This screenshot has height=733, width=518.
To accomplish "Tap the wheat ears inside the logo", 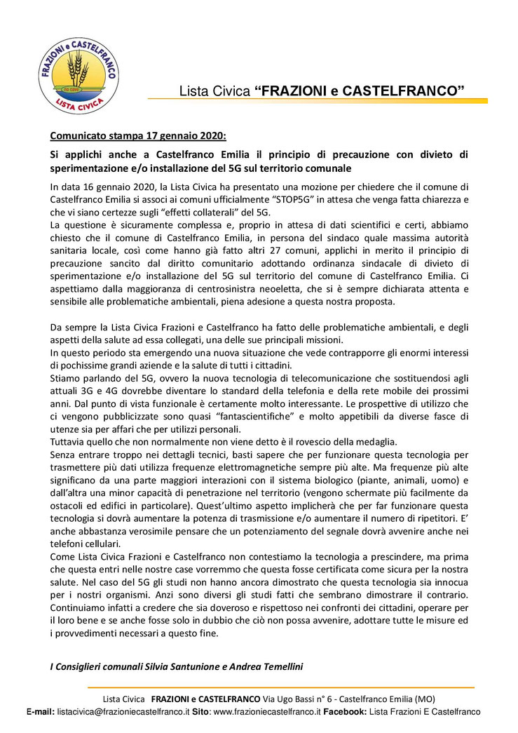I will point(76,68).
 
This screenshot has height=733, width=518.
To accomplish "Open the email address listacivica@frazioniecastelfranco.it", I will point(123,711).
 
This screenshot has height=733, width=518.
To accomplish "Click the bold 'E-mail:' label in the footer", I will point(41,711).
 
